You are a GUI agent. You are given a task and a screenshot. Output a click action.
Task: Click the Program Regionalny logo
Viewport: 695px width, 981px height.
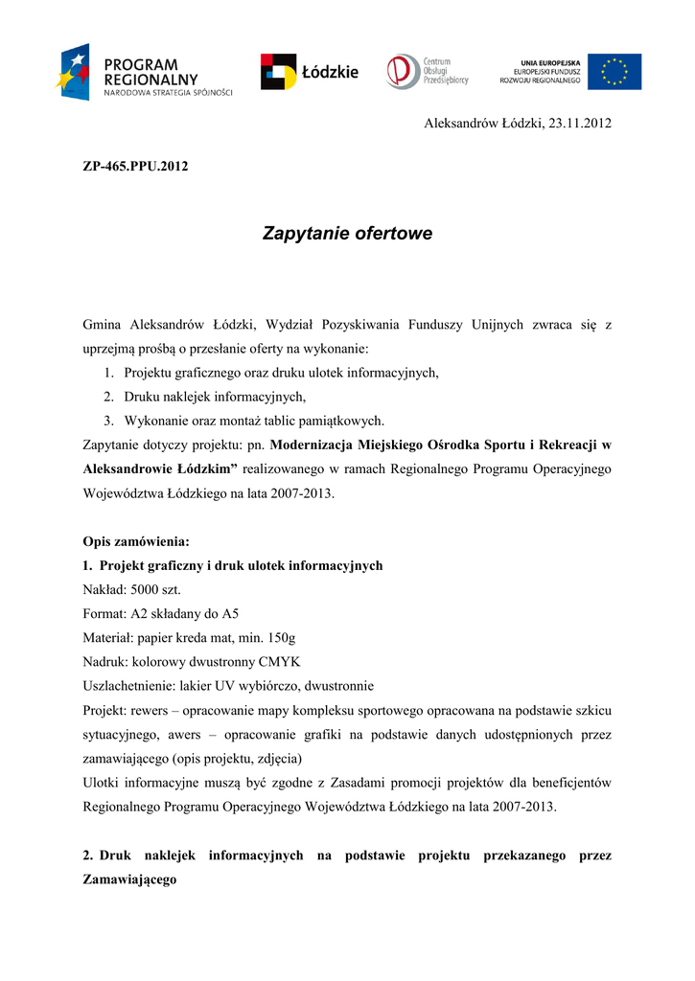pos(144,72)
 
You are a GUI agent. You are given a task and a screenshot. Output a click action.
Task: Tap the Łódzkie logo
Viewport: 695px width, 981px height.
pos(309,72)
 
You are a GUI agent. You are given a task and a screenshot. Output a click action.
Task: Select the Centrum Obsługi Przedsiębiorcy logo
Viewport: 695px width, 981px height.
pos(427,72)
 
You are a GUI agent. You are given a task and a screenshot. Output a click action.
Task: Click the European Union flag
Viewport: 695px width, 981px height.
pos(614,72)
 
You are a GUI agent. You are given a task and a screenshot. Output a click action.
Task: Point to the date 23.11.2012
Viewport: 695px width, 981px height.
pos(580,124)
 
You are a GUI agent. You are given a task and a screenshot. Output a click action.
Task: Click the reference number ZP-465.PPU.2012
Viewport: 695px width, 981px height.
pos(136,166)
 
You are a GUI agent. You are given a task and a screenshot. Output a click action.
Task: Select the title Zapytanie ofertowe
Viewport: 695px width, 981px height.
pos(347,234)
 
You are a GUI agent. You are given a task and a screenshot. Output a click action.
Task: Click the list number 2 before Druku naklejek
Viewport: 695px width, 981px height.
pos(109,397)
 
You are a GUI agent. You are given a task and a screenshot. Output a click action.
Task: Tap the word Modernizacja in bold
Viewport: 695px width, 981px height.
pos(311,445)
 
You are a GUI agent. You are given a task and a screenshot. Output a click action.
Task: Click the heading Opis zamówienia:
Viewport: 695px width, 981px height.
pos(136,541)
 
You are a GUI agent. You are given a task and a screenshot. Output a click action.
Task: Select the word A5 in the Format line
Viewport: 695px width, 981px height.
pos(230,613)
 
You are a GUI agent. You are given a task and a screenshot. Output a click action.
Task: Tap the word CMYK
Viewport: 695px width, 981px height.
pos(281,661)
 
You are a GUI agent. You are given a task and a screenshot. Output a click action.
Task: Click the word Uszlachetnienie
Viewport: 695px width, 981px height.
pos(127,686)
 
